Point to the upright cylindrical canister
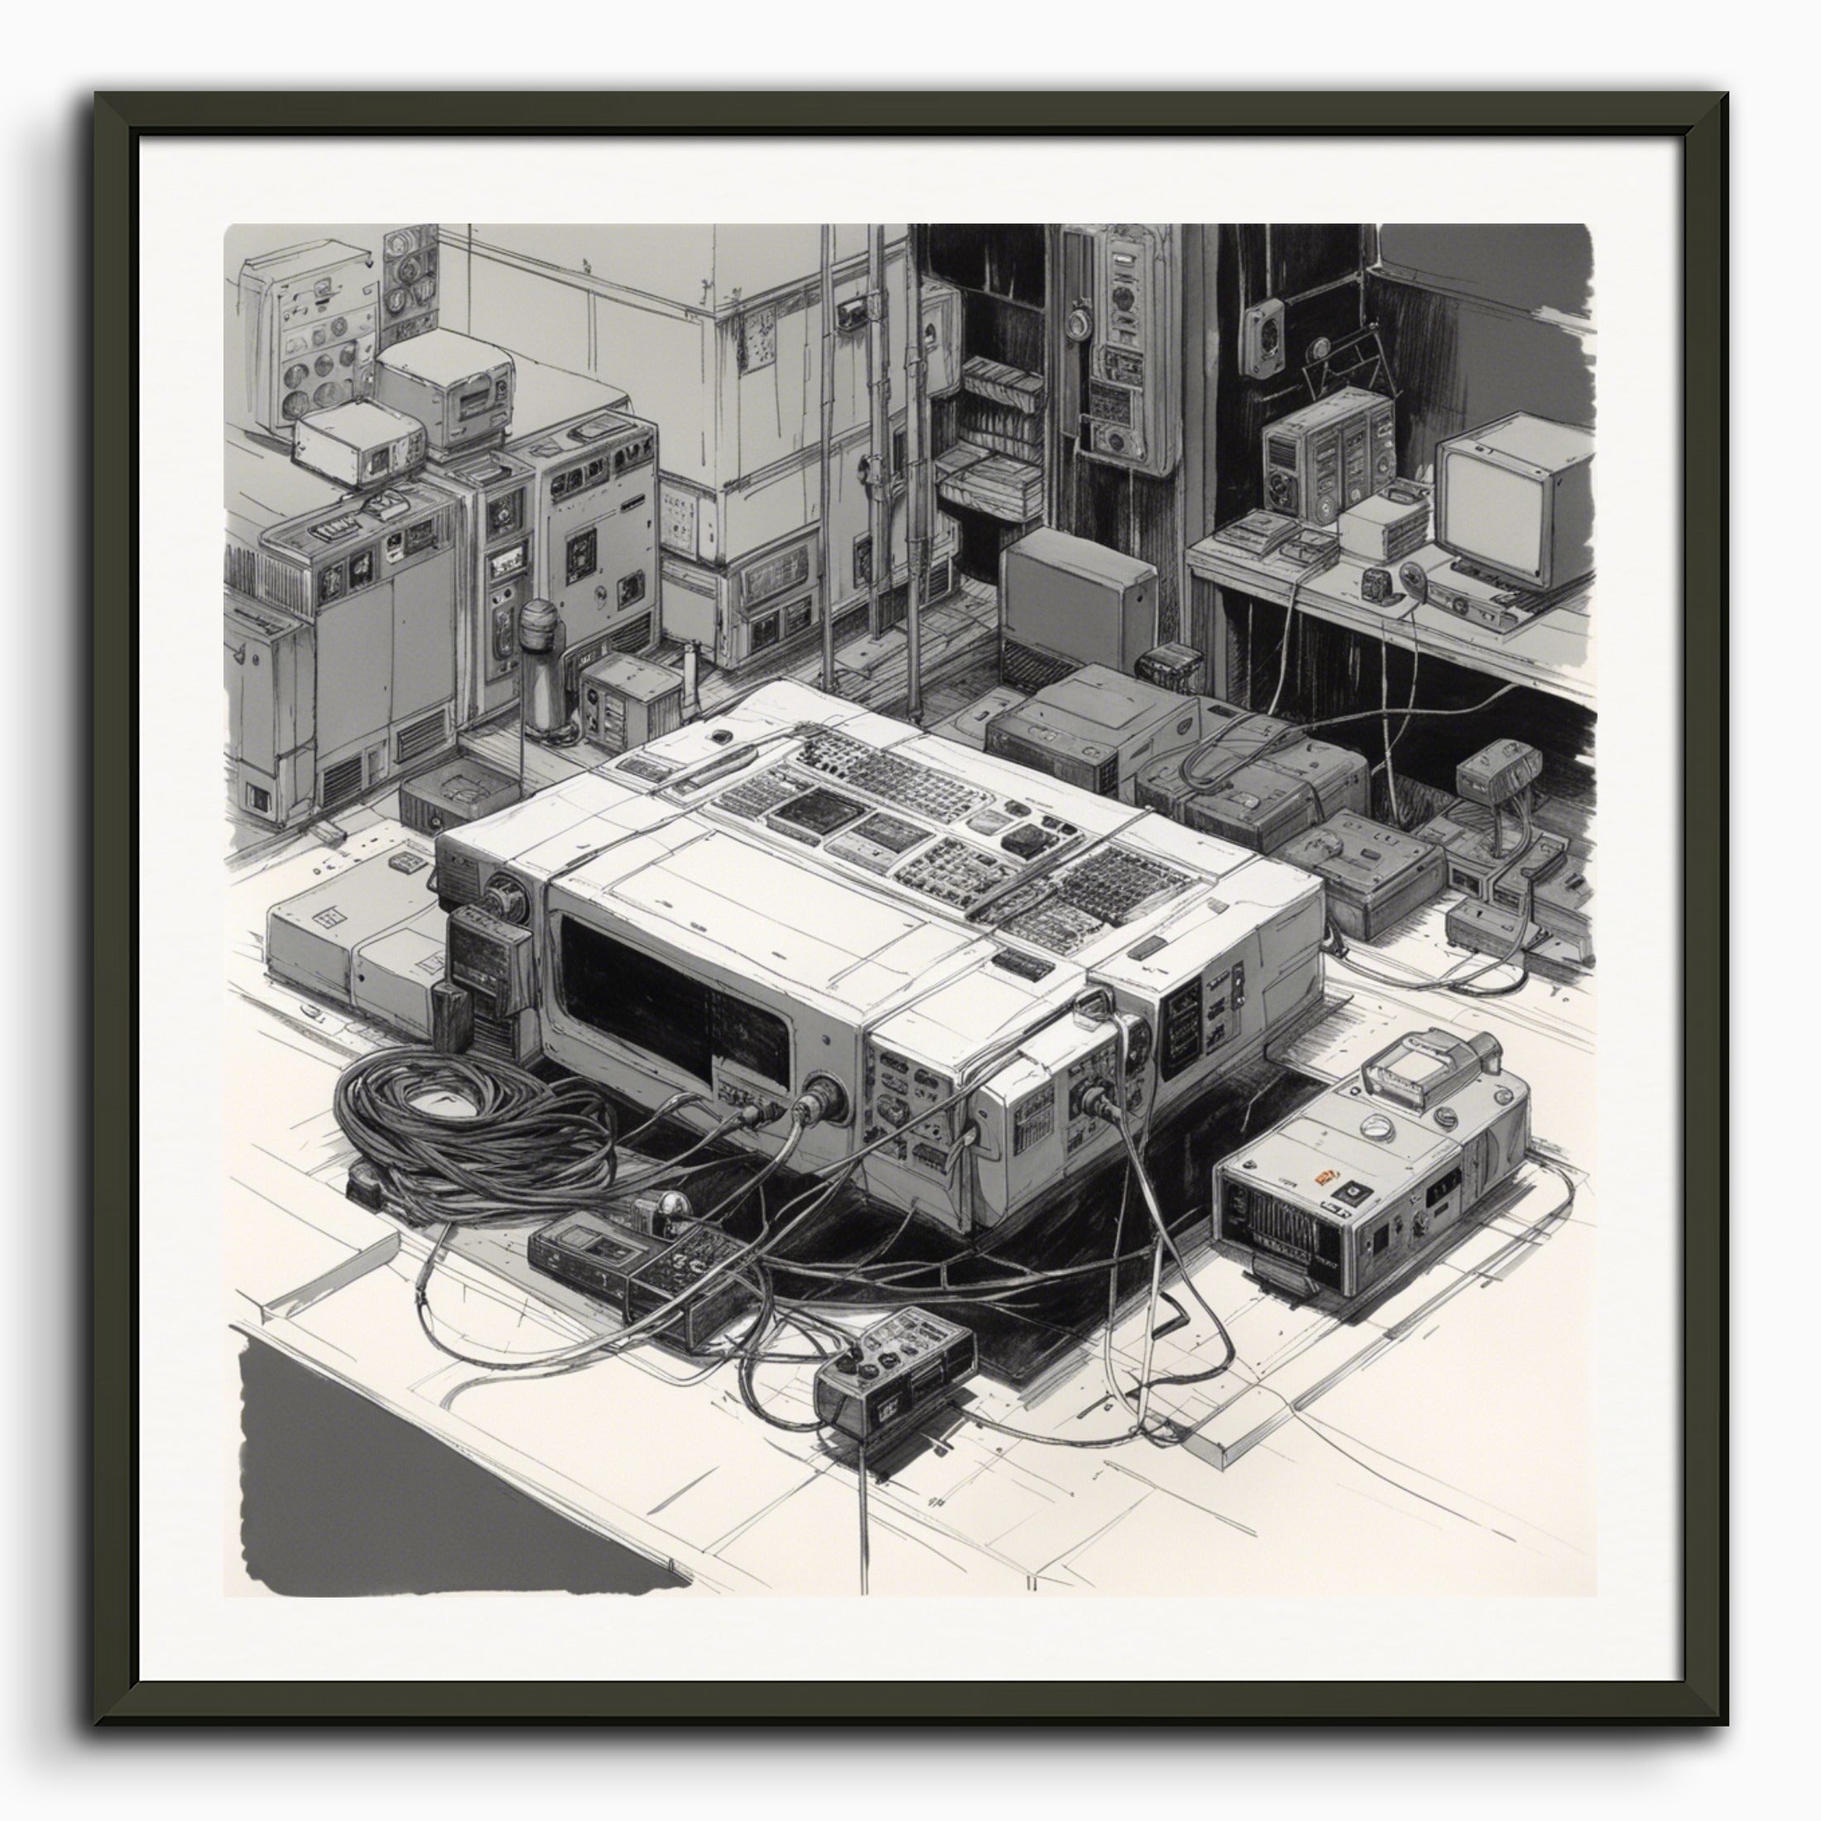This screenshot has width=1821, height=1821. pyautogui.click(x=540, y=665)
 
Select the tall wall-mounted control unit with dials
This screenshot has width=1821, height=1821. pyautogui.click(x=1122, y=348)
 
